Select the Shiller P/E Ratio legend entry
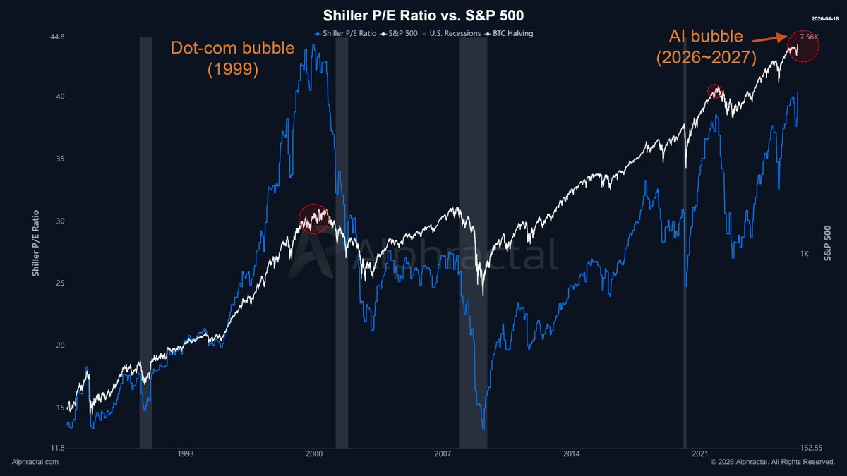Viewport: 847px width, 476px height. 346,33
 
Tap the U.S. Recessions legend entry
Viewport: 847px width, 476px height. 456,33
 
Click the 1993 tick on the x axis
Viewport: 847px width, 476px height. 186,455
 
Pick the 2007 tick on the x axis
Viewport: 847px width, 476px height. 443,455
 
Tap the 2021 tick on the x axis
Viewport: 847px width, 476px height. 700,455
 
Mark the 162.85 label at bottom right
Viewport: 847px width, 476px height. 812,448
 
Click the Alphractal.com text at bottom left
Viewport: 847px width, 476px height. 35,462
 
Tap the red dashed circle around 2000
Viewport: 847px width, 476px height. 314,219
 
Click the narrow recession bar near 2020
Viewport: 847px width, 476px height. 685,240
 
